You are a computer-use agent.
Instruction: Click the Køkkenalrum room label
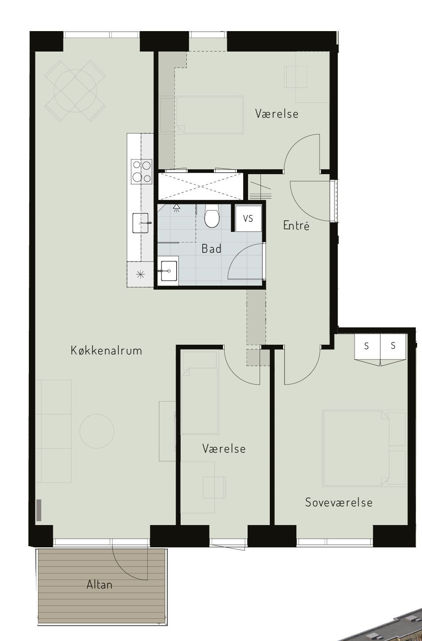pos(106,350)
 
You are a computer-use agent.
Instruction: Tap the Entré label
pos(296,226)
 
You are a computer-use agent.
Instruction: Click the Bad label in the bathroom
pos(211,249)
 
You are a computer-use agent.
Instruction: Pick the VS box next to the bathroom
pos(248,219)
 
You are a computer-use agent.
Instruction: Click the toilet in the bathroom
pos(212,216)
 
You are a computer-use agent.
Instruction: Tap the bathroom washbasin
pos(169,271)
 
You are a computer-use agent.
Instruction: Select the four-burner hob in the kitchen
pos(142,172)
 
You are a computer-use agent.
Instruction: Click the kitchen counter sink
pos(141,223)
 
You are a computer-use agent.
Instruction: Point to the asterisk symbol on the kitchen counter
pos(140,275)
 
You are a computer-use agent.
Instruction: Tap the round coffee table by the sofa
pos(97,431)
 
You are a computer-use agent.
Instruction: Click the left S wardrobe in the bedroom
pos(367,350)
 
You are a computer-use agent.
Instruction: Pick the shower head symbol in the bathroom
pos(177,208)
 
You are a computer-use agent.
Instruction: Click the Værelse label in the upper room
pos(277,114)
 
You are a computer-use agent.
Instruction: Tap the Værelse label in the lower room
pos(224,448)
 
